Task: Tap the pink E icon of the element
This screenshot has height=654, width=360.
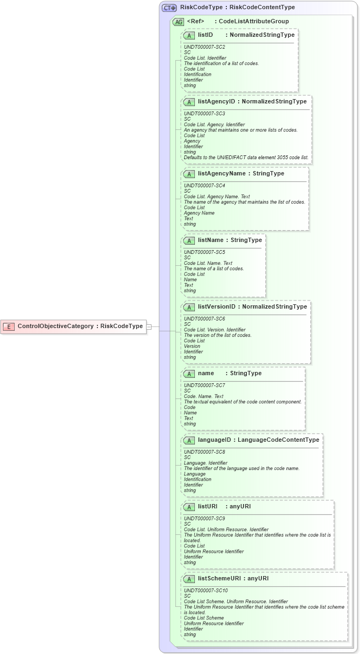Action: coord(9,326)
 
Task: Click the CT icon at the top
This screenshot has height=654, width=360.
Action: coord(169,8)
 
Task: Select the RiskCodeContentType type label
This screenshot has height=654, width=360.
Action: coord(262,8)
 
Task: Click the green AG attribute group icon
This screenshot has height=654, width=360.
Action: coord(178,22)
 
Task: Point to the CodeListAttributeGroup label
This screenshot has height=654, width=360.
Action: coord(253,22)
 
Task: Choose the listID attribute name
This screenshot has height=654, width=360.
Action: coord(205,35)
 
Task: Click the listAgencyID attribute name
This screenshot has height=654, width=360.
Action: coord(217,101)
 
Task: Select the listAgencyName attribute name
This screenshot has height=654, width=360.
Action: coord(221,174)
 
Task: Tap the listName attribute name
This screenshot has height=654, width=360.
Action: coord(211,240)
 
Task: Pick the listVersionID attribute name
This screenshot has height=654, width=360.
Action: coord(217,306)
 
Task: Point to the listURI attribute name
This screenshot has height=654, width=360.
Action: coord(207,506)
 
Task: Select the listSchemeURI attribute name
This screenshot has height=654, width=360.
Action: coord(219,578)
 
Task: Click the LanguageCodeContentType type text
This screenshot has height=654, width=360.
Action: coord(278,440)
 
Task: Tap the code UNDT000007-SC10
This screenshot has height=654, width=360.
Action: coord(206,591)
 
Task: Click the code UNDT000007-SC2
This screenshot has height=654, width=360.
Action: coord(204,47)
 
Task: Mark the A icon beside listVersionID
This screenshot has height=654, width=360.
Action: coord(189,307)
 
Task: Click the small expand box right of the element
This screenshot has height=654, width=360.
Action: coord(149,326)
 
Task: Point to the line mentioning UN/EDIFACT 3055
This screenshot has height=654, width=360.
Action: coord(246,158)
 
